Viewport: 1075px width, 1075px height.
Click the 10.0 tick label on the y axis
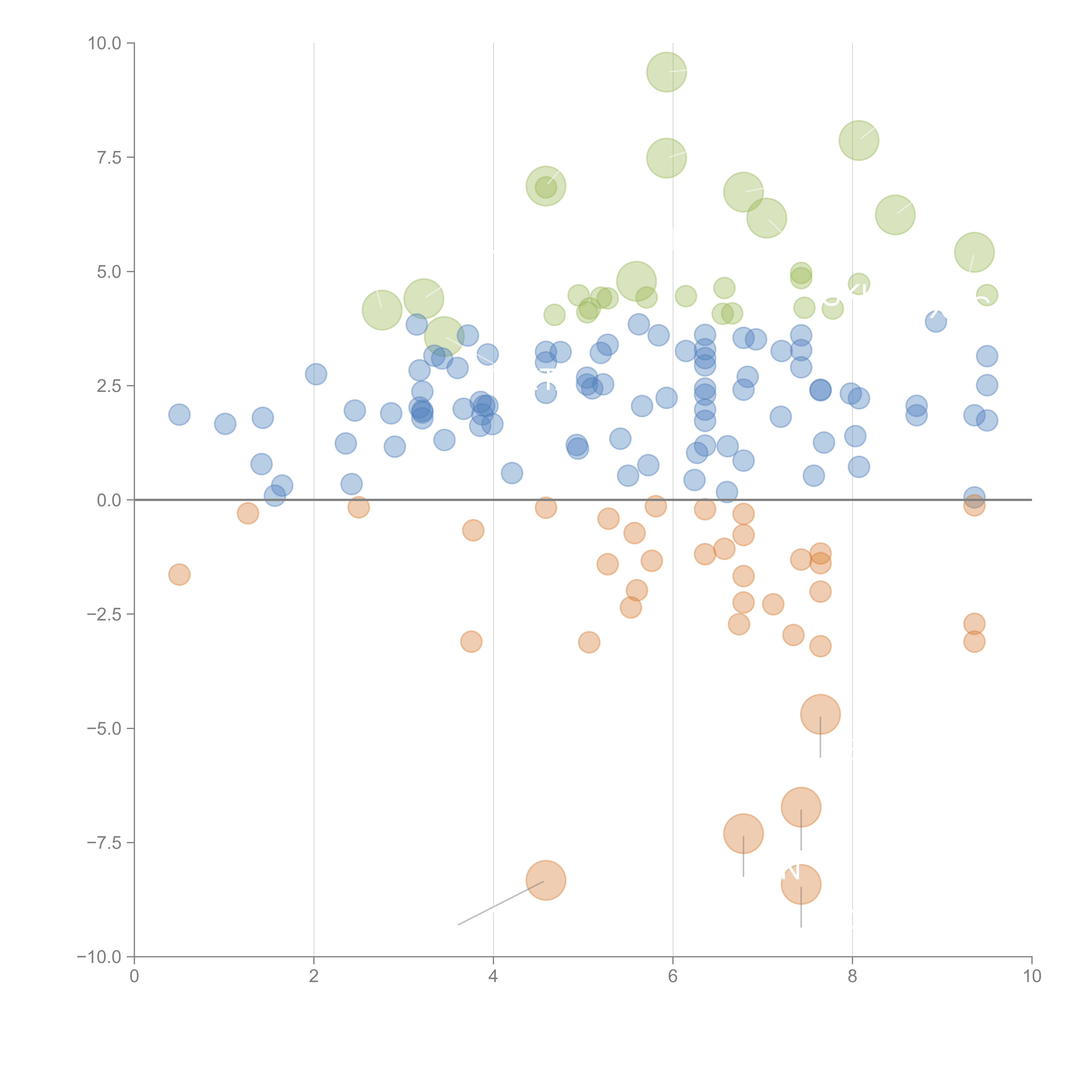105,43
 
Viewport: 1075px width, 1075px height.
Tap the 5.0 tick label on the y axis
109,272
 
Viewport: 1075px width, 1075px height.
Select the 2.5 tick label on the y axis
109,386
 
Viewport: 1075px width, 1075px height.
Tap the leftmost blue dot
179,415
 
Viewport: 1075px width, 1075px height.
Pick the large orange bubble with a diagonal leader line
546,880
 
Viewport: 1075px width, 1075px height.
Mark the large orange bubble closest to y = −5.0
820,714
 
